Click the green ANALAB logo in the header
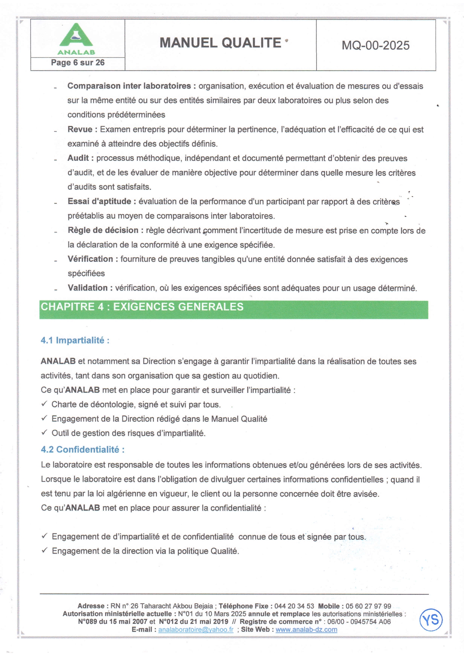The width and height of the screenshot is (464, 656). point(76,39)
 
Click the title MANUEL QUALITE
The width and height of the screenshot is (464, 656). point(220,43)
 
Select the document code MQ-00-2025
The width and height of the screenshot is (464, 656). point(375,46)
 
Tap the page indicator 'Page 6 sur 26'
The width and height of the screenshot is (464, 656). point(78,63)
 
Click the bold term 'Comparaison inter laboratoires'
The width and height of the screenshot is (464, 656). point(129,86)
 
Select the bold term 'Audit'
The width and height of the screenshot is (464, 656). point(78,158)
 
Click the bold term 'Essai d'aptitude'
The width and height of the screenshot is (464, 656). point(99,201)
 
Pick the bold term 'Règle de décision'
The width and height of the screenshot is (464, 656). point(103,230)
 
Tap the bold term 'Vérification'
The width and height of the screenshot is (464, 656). point(90,259)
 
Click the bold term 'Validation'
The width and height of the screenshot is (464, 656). point(88,288)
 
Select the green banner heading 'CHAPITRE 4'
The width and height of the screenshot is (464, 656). point(142,307)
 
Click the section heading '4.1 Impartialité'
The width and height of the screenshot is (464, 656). point(75,341)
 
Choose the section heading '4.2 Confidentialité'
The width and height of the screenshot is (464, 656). point(83,450)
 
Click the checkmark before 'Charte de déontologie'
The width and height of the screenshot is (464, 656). point(44,404)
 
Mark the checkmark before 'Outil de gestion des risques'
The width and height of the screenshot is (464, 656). point(44,433)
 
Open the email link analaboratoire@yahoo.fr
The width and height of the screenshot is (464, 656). point(196,629)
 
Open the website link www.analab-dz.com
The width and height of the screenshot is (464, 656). point(306,629)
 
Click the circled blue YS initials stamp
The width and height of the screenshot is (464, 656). point(431,620)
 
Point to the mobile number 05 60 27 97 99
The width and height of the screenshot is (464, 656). point(368,606)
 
